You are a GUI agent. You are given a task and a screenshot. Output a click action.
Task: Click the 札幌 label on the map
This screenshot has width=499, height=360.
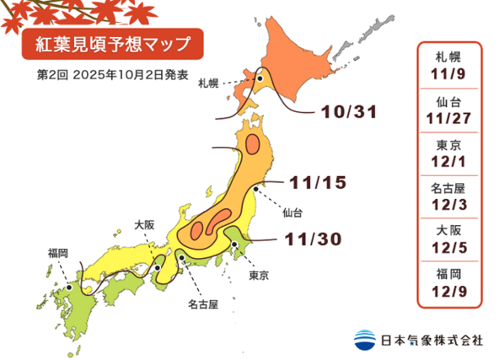pos(210,83)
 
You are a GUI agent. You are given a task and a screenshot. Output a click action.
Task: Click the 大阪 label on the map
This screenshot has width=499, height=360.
pos(144,225)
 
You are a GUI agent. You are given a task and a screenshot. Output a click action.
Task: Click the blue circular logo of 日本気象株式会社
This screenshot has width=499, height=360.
pos(365,339)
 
